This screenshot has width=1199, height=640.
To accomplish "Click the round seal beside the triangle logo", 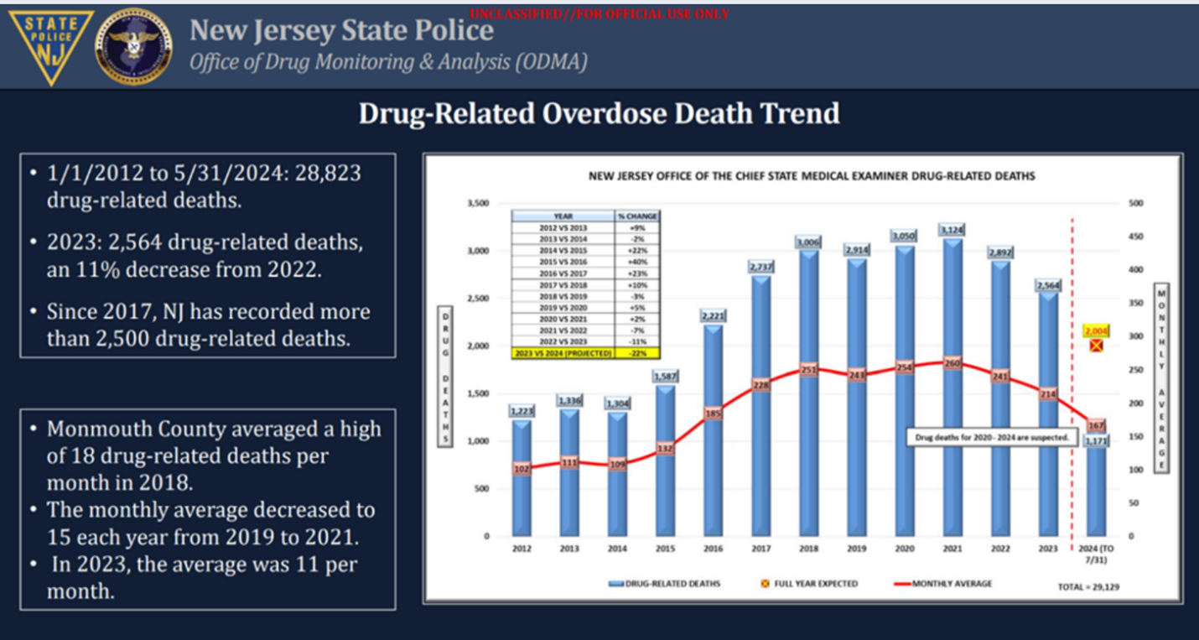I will pos(134,46).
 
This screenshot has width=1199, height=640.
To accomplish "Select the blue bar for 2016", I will pos(713,436).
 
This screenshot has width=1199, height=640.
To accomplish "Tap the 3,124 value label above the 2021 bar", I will pos(952,229).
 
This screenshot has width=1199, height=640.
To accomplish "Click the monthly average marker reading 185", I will pos(713,414).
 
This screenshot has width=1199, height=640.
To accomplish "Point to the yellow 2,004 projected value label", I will pos(1095,330).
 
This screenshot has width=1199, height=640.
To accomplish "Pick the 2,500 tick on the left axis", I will pos(477,298).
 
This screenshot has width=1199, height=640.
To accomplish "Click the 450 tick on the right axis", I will pos(1134,237).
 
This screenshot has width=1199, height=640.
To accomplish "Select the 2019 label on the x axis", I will pos(856,549).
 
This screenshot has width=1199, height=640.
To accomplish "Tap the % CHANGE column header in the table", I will pos(637,216).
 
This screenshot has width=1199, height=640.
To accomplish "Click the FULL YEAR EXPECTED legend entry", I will pos(808,583).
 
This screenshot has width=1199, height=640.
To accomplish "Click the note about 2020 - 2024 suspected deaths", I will pos(989,437).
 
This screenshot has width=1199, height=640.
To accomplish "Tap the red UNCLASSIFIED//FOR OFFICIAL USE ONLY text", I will pos(599,14).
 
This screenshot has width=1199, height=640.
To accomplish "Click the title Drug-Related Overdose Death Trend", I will pos(599,113).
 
